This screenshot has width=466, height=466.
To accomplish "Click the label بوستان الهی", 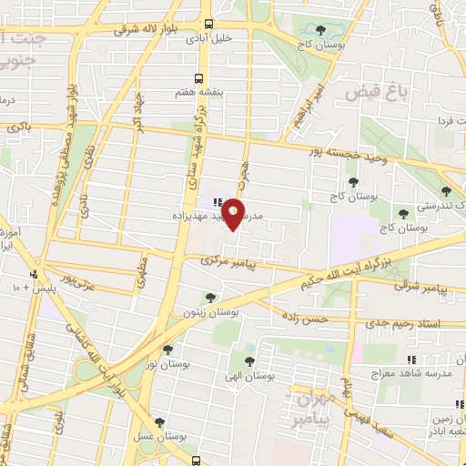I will coord(250,376).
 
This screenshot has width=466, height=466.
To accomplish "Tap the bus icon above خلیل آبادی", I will coord(210,24).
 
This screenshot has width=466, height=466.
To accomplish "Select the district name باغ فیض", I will coord(366,91).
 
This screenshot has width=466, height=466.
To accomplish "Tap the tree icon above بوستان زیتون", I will coord(210,297).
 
